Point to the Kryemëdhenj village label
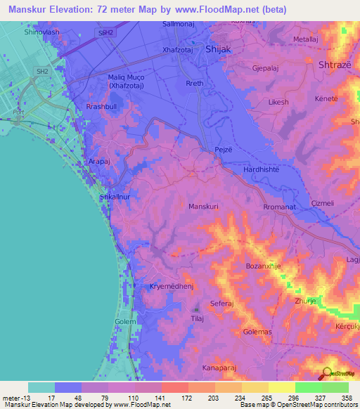click(172, 287)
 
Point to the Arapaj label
click(101, 161)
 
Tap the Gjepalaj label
click(266, 69)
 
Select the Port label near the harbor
click(19, 112)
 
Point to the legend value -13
click(20, 398)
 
